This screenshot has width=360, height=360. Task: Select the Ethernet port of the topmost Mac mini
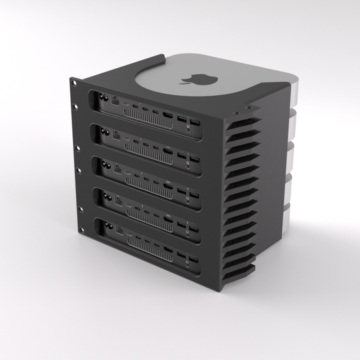coord(118,101)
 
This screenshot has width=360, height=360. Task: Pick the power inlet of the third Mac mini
coord(107,163)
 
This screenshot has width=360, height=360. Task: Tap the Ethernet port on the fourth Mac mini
coord(120,200)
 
